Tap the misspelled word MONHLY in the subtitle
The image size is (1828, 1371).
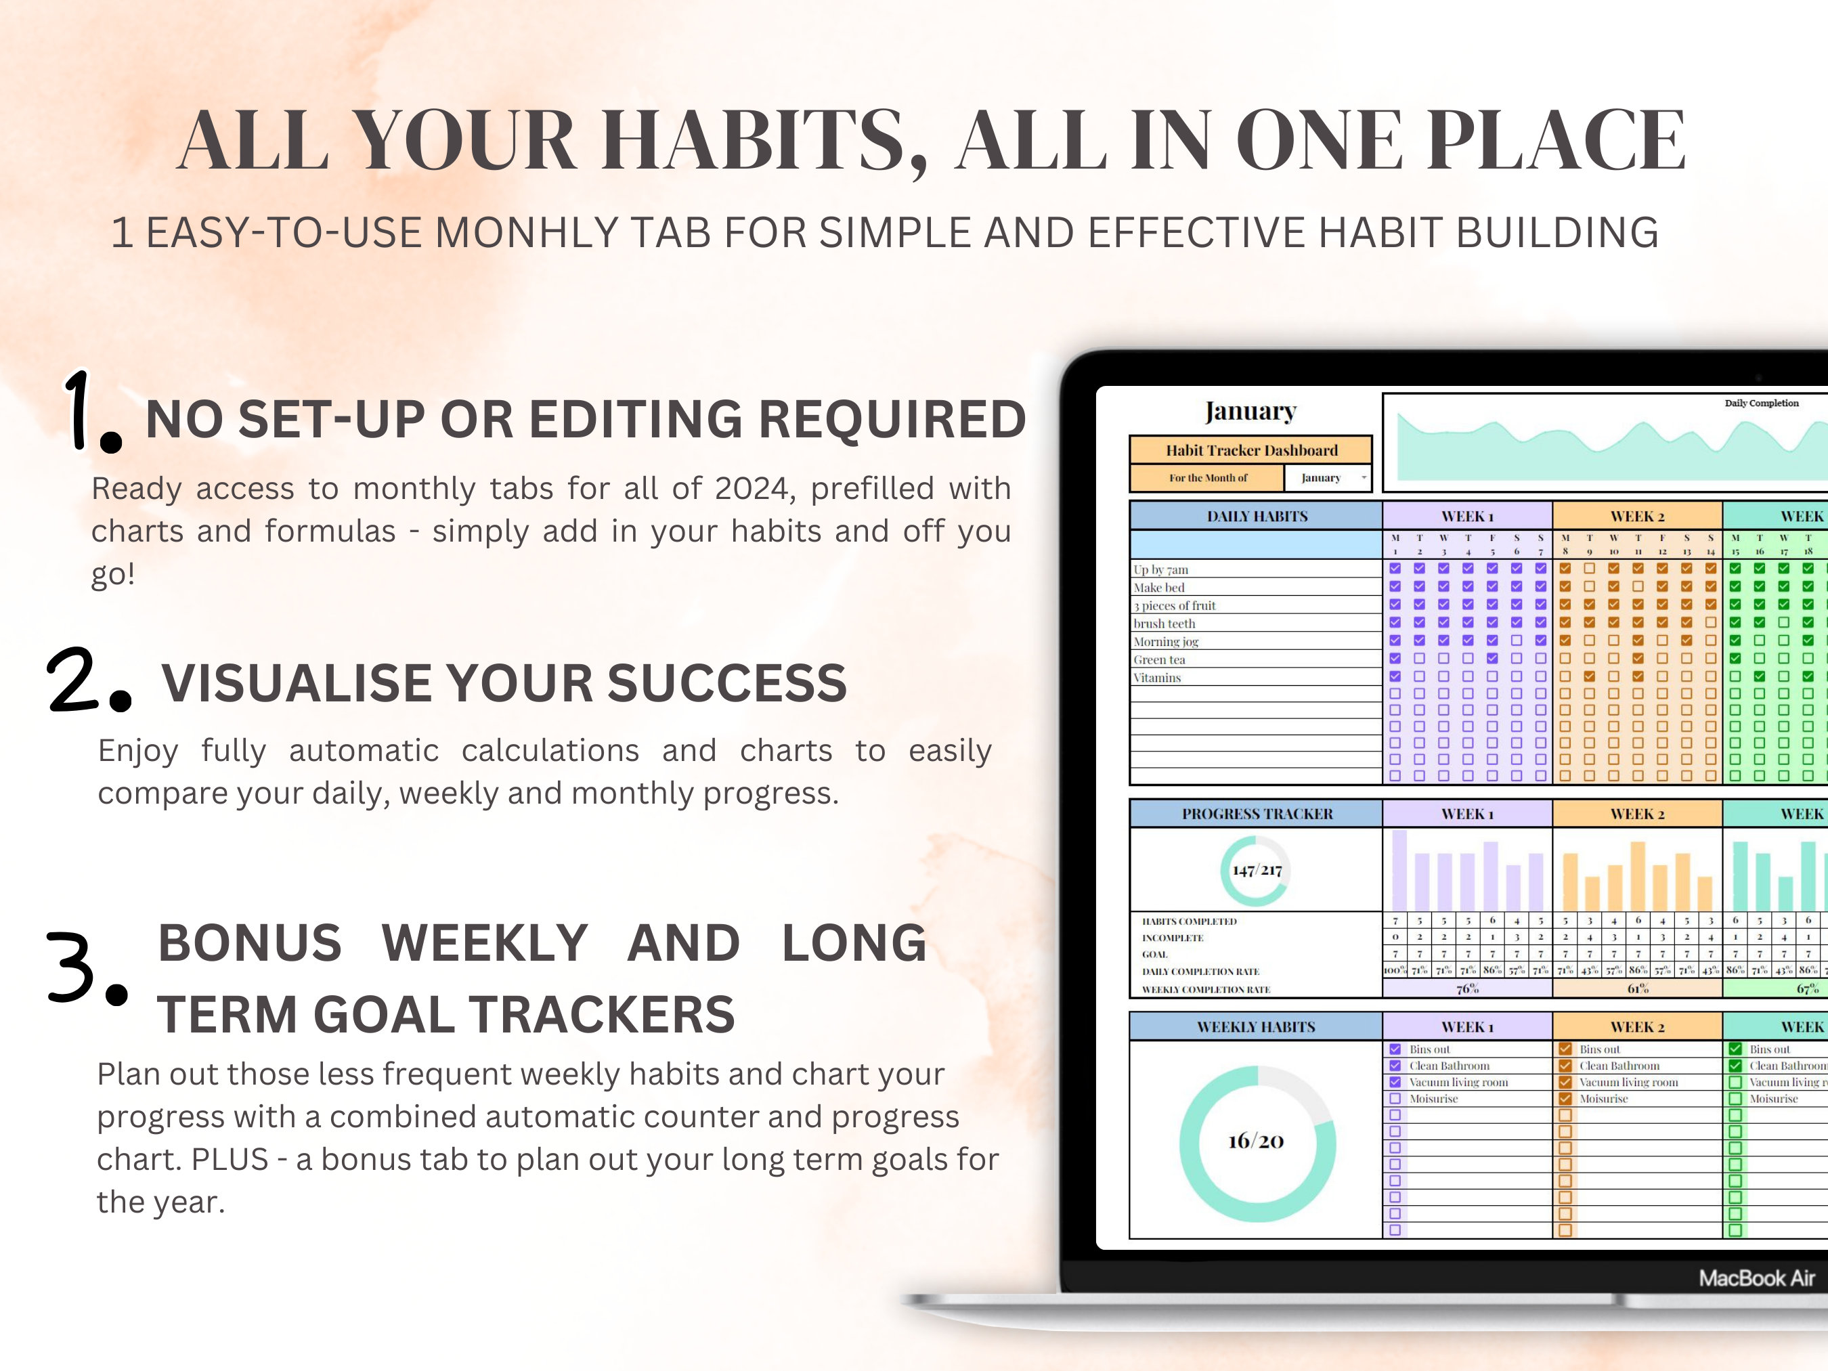click(525, 233)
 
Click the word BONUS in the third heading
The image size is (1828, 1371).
click(250, 943)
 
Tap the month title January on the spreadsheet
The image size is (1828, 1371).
click(1250, 412)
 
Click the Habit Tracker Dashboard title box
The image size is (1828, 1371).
click(1251, 450)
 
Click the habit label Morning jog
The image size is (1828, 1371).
click(1166, 642)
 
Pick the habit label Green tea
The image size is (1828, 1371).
click(1160, 660)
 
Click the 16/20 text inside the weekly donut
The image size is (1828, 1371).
click(1256, 1142)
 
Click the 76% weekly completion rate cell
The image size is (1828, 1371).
click(1468, 988)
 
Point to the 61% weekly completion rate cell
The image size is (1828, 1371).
click(1638, 988)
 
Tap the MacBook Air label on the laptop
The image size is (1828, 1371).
click(1756, 1278)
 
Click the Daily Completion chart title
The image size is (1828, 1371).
click(1761, 404)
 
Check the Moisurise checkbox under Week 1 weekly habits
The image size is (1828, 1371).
click(1395, 1099)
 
